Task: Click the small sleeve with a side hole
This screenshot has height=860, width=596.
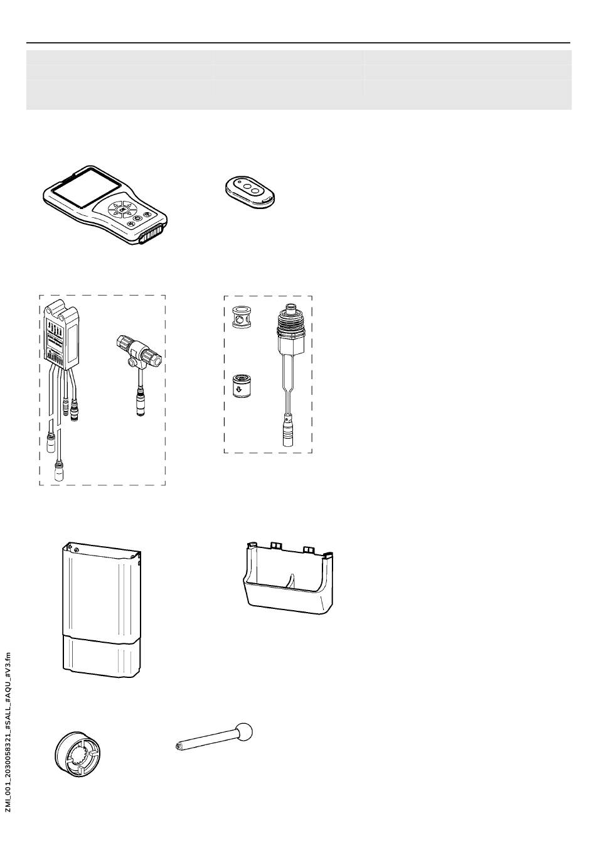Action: pos(238,318)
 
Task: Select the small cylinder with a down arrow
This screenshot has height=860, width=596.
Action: pos(238,384)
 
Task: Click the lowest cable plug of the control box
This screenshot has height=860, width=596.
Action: pos(59,472)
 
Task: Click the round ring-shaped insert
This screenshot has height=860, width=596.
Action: pos(78,753)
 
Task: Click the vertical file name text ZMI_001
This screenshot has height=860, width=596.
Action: pos(8,732)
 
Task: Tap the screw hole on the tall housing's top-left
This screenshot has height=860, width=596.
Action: pos(76,549)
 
